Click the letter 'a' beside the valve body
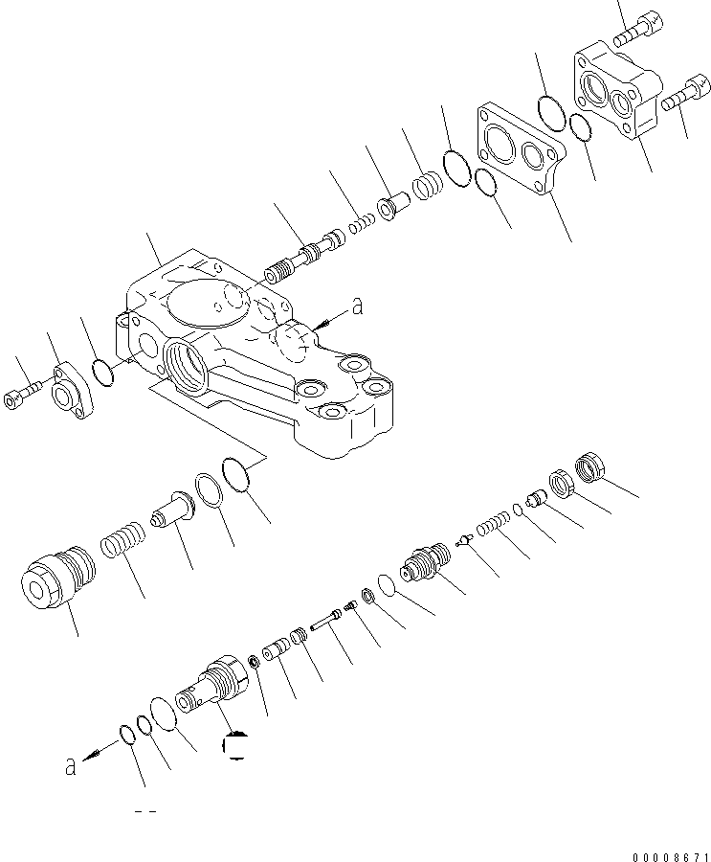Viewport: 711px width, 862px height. pyautogui.click(x=357, y=306)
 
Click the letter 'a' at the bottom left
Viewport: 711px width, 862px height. pyautogui.click(x=70, y=765)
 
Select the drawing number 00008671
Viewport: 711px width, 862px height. pyautogui.click(x=671, y=856)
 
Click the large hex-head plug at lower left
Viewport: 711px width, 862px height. pyautogui.click(x=56, y=578)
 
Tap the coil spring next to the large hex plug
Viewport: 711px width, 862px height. pyautogui.click(x=123, y=539)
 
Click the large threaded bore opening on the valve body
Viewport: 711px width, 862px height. pyautogui.click(x=187, y=366)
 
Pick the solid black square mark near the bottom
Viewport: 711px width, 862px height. pyautogui.click(x=234, y=746)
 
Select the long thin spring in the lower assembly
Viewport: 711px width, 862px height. pyautogui.click(x=493, y=523)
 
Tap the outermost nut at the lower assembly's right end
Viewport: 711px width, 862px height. pyautogui.click(x=591, y=467)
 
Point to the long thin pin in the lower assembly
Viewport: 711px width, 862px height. pyautogui.click(x=326, y=620)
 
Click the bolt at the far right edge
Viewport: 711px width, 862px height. pyautogui.click(x=683, y=94)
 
